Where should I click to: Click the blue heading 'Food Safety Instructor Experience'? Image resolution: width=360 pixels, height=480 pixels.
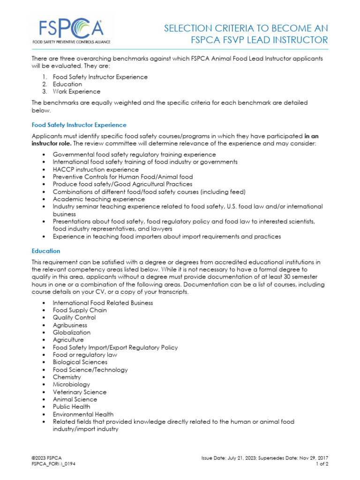click(x=79, y=125)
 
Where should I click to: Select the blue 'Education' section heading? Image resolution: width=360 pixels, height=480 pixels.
click(x=45, y=251)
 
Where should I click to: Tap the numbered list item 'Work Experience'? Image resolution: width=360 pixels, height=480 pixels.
click(x=76, y=91)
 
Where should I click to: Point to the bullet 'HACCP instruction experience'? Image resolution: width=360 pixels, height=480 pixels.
click(x=96, y=169)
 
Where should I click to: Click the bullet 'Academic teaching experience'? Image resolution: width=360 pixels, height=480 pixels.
click(x=92, y=199)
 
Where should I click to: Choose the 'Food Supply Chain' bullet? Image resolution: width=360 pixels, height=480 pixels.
click(x=80, y=310)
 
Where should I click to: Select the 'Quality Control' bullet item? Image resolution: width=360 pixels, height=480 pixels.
click(x=74, y=317)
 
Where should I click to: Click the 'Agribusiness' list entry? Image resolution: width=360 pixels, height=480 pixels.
click(x=70, y=325)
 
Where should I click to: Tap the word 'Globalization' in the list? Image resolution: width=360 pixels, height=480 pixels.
click(x=71, y=332)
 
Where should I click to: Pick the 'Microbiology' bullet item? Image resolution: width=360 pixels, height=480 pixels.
click(x=71, y=384)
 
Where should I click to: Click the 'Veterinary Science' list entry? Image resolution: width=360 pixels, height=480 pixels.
click(x=79, y=392)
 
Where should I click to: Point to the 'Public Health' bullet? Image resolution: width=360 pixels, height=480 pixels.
click(x=71, y=407)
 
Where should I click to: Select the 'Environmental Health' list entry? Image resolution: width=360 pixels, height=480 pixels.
click(x=82, y=414)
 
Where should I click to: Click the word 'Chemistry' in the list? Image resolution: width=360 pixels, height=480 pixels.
click(x=67, y=377)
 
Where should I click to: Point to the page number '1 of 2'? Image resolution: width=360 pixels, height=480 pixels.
click(x=322, y=464)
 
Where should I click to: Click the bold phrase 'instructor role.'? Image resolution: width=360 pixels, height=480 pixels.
click(x=52, y=143)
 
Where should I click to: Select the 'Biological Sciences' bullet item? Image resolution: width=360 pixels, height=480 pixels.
click(x=80, y=362)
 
